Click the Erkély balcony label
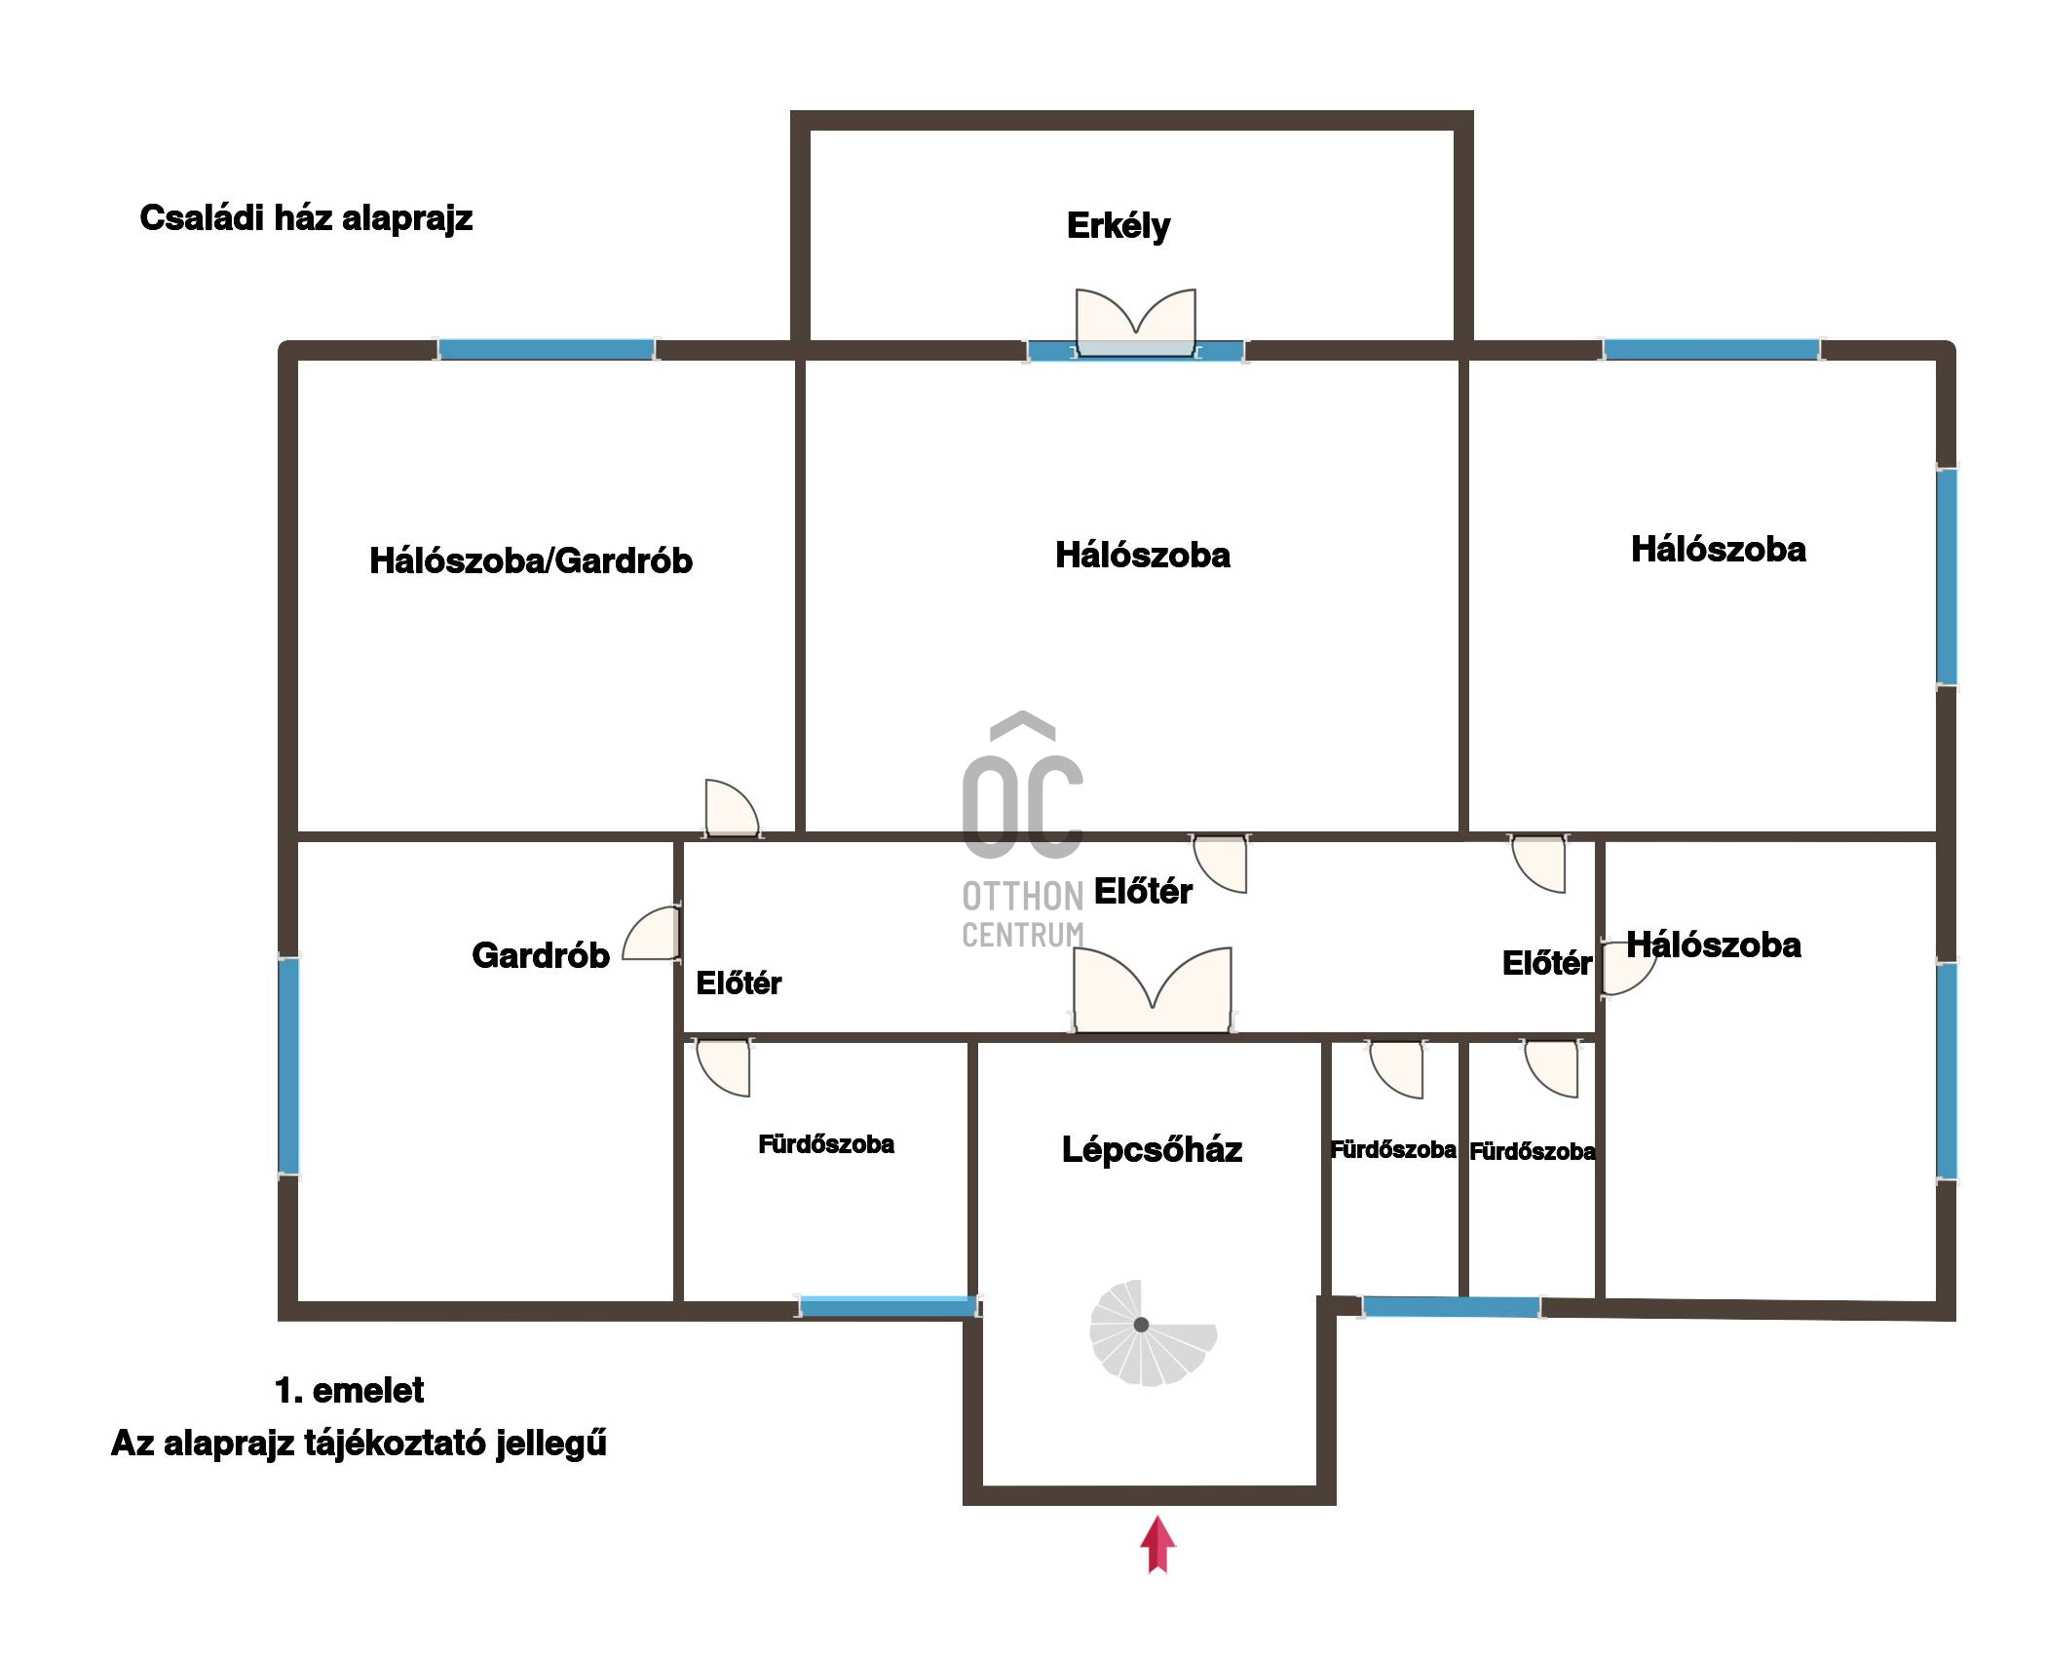click(1118, 226)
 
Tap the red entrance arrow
click(1157, 1544)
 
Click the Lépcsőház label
click(1152, 1150)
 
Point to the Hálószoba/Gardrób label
click(531, 560)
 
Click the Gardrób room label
click(541, 955)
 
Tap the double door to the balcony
click(1135, 322)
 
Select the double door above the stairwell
click(1153, 989)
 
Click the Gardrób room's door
click(651, 934)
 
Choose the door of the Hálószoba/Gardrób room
click(731, 808)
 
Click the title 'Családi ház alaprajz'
click(306, 217)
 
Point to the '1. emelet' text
click(349, 1390)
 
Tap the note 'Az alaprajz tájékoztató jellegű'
click(359, 1444)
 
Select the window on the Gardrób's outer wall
click(288, 1066)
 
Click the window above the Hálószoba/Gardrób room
click(546, 350)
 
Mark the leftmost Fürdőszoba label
click(826, 1144)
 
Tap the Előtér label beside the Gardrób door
click(739, 983)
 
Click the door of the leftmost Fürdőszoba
click(723, 1067)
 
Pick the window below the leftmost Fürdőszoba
click(888, 1306)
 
